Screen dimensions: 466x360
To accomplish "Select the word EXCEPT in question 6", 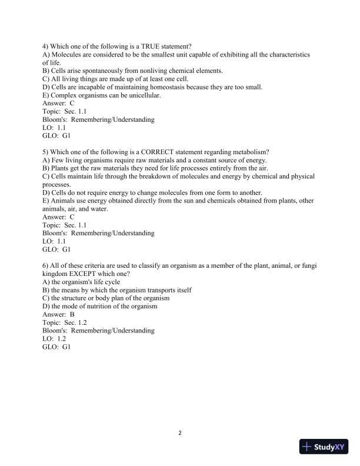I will coord(91,274).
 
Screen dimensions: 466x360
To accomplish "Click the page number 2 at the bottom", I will coord(180,434).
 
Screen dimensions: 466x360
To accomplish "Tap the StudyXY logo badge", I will coord(325,447).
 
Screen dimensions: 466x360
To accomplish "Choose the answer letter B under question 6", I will coord(72,314).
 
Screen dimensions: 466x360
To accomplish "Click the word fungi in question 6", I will coord(309,266).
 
